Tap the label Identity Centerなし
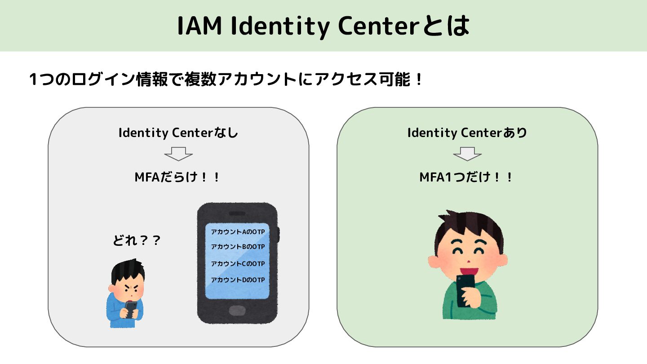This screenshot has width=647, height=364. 178,133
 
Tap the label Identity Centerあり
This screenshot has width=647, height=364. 467,133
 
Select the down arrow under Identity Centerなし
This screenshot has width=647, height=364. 178,154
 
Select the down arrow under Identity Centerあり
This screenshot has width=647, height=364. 467,154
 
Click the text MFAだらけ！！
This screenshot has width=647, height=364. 178,177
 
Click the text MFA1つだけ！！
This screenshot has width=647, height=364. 467,177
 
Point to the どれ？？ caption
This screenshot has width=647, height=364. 137,241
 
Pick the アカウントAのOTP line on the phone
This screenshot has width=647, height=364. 238,232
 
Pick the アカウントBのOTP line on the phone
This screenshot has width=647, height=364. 238,247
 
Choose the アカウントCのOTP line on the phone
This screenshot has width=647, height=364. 238,263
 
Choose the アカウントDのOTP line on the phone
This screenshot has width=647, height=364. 238,280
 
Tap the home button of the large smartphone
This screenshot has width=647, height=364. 237,311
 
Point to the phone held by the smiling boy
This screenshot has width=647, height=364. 465,290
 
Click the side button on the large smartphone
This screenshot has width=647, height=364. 279,234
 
